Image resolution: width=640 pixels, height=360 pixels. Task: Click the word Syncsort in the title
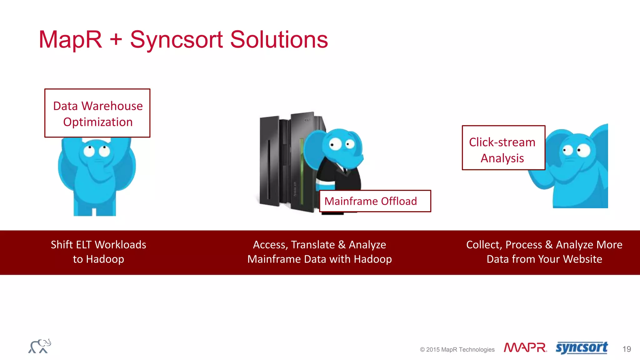(x=176, y=40)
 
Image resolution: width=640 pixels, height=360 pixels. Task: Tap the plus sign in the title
(x=116, y=40)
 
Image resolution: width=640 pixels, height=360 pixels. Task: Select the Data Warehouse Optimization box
(x=97, y=113)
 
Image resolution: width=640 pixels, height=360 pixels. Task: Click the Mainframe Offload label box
(x=375, y=201)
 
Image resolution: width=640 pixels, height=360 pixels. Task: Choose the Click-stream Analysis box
(x=503, y=148)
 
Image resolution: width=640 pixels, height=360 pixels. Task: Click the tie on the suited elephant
(x=345, y=171)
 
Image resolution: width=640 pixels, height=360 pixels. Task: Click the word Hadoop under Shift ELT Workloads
(x=105, y=259)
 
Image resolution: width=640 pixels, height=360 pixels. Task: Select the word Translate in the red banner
(x=313, y=245)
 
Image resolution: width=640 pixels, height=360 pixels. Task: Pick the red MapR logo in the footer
(x=525, y=348)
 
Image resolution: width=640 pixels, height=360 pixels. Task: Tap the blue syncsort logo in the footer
(x=582, y=347)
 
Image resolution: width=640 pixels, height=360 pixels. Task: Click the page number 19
(x=626, y=349)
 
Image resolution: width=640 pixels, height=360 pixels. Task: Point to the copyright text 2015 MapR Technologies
(x=457, y=349)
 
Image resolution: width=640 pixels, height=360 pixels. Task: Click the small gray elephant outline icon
(x=40, y=346)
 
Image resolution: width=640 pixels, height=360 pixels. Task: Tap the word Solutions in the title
(x=279, y=40)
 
